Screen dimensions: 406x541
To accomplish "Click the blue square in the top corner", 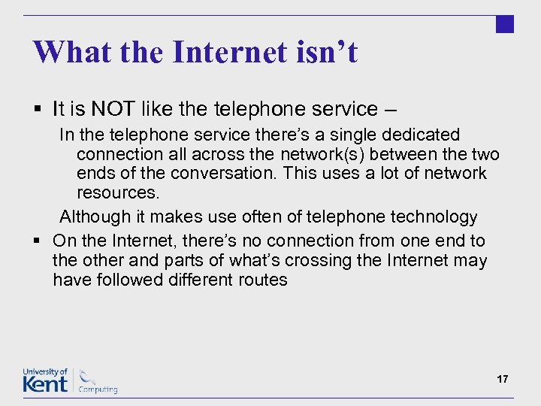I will tap(505, 24).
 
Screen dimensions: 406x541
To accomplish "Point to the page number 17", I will tap(502, 380).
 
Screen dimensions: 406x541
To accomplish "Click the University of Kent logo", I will tap(45, 380).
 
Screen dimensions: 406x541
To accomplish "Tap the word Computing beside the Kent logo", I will tap(98, 389).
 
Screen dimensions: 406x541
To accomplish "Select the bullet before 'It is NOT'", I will tap(38, 110).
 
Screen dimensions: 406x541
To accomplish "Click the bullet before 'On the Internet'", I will tap(38, 241).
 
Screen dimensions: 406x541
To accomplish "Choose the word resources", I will tap(118, 192).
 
